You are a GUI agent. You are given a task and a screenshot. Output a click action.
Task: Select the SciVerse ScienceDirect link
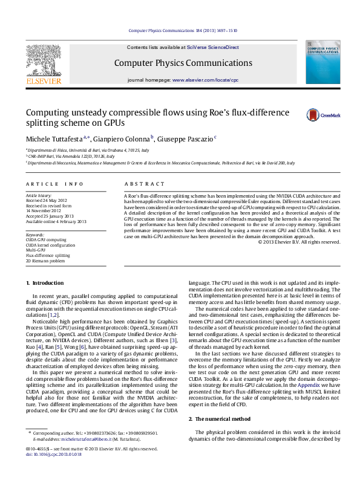click(x=213, y=47)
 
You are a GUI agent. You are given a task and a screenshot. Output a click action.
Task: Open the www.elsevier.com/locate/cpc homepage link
click(x=205, y=80)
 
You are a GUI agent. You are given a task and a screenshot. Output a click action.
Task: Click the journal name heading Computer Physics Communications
click(x=183, y=63)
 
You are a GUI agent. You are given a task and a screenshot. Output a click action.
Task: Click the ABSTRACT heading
click(x=144, y=183)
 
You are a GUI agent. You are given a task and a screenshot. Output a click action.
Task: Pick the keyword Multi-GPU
click(x=36, y=250)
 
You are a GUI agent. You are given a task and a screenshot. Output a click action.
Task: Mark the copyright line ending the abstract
click(x=299, y=242)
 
